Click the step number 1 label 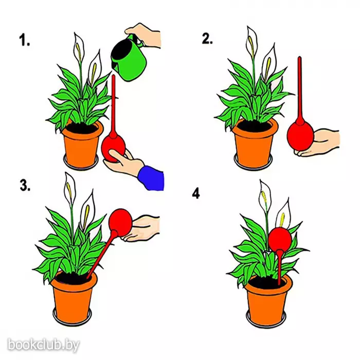24,40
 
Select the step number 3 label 25,185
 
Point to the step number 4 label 196,194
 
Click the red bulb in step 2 300,136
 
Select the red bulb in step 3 121,222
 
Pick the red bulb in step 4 280,238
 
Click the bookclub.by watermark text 44,345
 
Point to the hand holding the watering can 144,35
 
